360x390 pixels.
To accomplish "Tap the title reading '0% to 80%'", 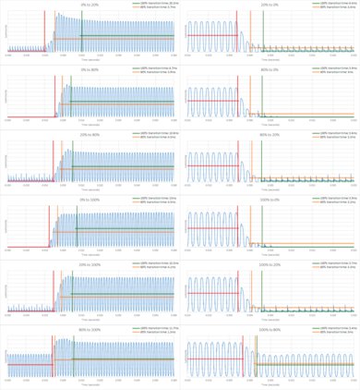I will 90,68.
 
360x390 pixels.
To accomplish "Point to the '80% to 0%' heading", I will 271,68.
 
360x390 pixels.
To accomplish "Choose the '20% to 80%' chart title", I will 90,133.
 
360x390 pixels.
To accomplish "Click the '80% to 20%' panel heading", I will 271,133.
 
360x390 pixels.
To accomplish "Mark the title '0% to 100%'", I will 90,199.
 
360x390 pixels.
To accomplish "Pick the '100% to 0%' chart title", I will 271,199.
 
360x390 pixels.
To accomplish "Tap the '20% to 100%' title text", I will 90,263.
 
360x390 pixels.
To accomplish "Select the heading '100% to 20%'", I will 271,263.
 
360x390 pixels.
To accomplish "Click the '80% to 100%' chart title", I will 90,329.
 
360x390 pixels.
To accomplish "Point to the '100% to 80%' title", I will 271,329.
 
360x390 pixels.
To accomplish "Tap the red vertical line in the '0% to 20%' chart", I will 45,32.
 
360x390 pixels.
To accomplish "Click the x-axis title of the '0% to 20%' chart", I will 90,62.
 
